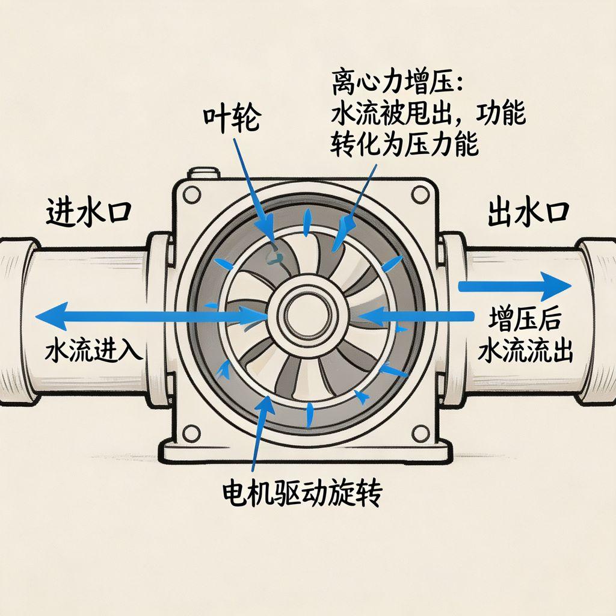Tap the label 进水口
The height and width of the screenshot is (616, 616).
click(x=88, y=214)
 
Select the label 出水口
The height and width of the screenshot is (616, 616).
click(x=528, y=214)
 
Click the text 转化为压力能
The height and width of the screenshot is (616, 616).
click(x=404, y=144)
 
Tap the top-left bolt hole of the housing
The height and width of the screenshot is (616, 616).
click(x=191, y=195)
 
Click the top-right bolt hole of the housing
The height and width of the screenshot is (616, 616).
click(x=418, y=194)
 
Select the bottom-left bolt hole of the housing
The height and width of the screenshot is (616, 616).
click(x=191, y=431)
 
